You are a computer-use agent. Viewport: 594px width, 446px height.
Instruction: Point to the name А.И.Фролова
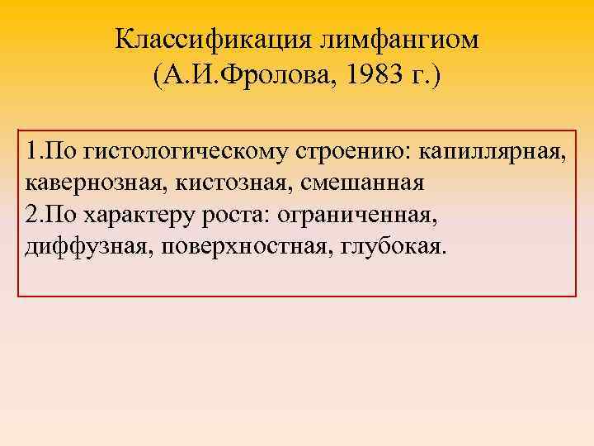pos(243,80)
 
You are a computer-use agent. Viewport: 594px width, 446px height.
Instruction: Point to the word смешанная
pos(331,184)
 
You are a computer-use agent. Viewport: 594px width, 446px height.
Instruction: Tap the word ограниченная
pos(356,216)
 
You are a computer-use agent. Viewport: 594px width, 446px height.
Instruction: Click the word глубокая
pos(384,247)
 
